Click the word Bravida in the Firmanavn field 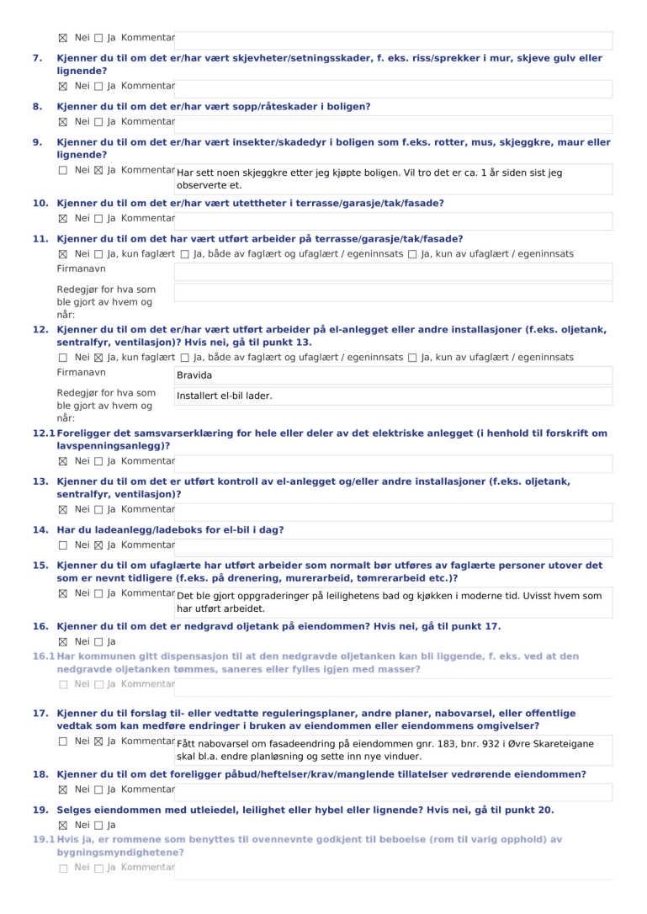[194, 375]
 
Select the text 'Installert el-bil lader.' [225, 396]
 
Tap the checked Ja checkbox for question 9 [98, 170]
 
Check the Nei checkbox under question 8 [63, 121]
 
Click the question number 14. [40, 530]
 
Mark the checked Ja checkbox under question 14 [98, 545]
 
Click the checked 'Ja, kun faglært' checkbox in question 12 [98, 358]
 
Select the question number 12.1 [43, 434]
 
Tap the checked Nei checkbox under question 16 [63, 641]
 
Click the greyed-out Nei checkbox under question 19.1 [63, 868]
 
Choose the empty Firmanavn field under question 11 [393, 272]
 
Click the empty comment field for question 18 [393, 791]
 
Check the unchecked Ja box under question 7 [98, 86]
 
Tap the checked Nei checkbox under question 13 [63, 510]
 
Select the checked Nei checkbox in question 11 [63, 253]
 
